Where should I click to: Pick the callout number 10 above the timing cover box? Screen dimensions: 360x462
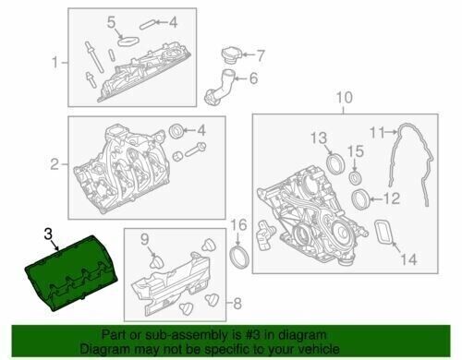tap(343, 97)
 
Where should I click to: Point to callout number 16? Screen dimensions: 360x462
tap(237, 225)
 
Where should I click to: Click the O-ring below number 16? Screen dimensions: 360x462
tap(239, 256)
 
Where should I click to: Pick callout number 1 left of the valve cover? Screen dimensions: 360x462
tap(55, 63)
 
